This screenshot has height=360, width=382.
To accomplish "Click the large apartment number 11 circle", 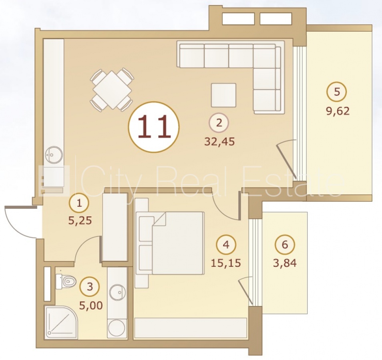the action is [x=154, y=127].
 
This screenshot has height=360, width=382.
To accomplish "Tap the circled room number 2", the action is [x=219, y=123].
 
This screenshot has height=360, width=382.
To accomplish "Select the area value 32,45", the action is [x=219, y=142].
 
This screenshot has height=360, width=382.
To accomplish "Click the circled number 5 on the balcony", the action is [x=337, y=92].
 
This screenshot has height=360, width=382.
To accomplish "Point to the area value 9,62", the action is [x=338, y=111].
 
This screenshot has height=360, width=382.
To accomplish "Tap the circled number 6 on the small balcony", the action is [x=285, y=244].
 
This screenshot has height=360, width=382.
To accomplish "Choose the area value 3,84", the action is [x=285, y=263].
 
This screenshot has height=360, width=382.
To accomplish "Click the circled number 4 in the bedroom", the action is [x=226, y=244].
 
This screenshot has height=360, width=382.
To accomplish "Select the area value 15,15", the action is [x=226, y=263].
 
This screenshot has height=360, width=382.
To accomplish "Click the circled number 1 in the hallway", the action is [x=79, y=203].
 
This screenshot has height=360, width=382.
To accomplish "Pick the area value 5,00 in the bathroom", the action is [x=91, y=306].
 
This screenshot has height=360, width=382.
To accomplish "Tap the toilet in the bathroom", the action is [x=65, y=282].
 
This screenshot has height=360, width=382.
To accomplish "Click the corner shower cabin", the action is [x=61, y=322].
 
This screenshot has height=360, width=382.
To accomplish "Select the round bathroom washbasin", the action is [x=118, y=292].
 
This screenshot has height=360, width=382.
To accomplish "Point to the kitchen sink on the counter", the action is [x=54, y=154].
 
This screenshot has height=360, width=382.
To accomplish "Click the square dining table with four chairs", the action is [x=112, y=90].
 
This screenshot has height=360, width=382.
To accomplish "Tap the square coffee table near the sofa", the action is [x=223, y=95].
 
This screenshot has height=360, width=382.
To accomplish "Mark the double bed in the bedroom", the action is [x=169, y=243].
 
